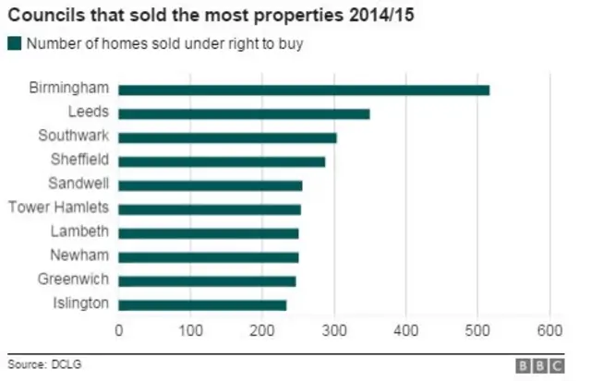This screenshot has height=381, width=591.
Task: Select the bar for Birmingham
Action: click(x=304, y=89)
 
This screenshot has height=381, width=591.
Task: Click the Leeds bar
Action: click(x=244, y=113)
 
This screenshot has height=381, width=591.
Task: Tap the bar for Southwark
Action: click(x=227, y=137)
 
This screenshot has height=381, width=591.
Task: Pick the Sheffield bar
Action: click(x=222, y=161)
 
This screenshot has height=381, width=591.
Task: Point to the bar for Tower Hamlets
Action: click(x=210, y=209)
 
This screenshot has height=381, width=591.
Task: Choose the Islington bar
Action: click(x=202, y=304)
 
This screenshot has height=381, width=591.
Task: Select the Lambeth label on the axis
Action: click(x=79, y=231)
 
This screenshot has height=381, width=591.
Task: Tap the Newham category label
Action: click(x=80, y=255)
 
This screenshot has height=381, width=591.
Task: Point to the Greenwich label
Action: click(x=76, y=279)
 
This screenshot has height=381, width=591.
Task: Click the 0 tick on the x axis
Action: click(x=118, y=330)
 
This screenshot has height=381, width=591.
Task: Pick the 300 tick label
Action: click(x=334, y=330)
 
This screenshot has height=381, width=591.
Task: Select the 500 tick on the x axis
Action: click(x=477, y=330)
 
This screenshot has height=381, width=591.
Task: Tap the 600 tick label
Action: click(x=549, y=330)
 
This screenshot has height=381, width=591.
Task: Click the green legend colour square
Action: click(x=14, y=43)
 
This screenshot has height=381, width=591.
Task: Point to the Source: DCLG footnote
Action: click(x=44, y=364)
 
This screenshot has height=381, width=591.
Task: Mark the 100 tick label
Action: click(x=190, y=330)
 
